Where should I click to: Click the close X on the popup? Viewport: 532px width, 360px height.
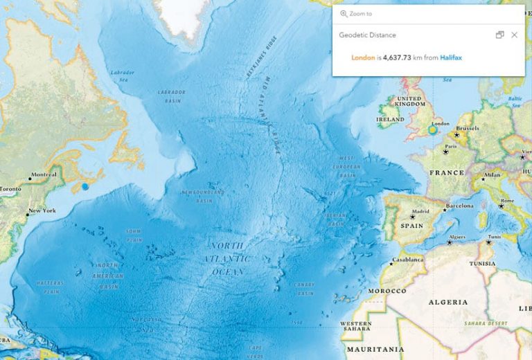click(514, 35)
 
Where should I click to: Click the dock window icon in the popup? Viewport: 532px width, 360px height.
click(499, 35)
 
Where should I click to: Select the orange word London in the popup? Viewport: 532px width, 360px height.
click(364, 57)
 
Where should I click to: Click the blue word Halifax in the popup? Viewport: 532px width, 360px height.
click(451, 57)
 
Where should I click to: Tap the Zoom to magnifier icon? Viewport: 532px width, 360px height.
click(344, 14)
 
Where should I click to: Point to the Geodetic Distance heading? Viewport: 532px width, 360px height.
click(367, 35)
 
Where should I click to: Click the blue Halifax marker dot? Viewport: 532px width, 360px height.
click(85, 186)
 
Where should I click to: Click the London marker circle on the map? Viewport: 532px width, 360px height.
click(432, 130)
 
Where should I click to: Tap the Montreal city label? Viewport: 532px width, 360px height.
click(44, 174)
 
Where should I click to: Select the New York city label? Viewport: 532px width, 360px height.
click(41, 210)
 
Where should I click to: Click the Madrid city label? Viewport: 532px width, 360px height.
click(421, 211)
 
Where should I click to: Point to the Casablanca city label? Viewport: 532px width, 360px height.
click(408, 260)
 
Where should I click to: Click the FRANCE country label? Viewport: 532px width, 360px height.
click(446, 172)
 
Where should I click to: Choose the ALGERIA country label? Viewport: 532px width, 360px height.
click(447, 303)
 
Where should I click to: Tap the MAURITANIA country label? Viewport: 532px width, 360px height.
click(375, 350)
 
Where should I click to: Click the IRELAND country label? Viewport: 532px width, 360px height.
click(389, 119)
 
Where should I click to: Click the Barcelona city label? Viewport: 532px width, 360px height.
click(459, 206)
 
